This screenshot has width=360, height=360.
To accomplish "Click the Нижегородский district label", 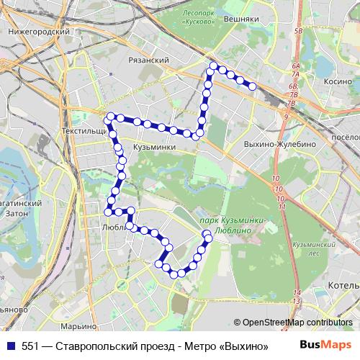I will tap(37, 33).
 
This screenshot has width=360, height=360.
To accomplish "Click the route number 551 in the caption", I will tap(31, 345).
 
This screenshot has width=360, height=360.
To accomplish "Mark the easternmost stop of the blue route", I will tap(253, 86).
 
